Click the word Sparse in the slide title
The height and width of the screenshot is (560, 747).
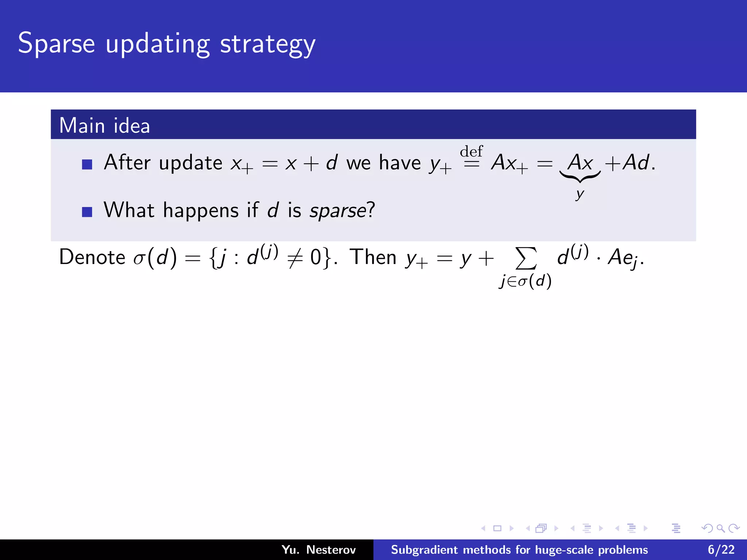click(x=57, y=44)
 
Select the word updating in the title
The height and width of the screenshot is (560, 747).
click(x=157, y=44)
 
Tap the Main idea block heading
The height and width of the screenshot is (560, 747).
click(x=104, y=125)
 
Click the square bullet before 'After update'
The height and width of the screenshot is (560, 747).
click(x=87, y=164)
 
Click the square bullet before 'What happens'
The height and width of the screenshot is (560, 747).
click(x=87, y=212)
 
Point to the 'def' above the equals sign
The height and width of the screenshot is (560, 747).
click(x=471, y=151)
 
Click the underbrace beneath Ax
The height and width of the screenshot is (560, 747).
click(x=580, y=177)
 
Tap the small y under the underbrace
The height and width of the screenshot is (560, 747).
click(x=580, y=194)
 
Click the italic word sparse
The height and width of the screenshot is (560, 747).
click(x=337, y=211)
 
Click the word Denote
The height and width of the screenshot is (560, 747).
click(x=92, y=257)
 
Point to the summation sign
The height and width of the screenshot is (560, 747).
click(x=526, y=258)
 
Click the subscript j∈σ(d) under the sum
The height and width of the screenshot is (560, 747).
click(x=525, y=281)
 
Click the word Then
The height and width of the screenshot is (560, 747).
click(x=373, y=257)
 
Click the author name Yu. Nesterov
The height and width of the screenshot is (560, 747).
click(x=318, y=550)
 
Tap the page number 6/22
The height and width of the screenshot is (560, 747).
click(x=721, y=550)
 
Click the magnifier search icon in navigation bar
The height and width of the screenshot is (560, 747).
click(x=720, y=528)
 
